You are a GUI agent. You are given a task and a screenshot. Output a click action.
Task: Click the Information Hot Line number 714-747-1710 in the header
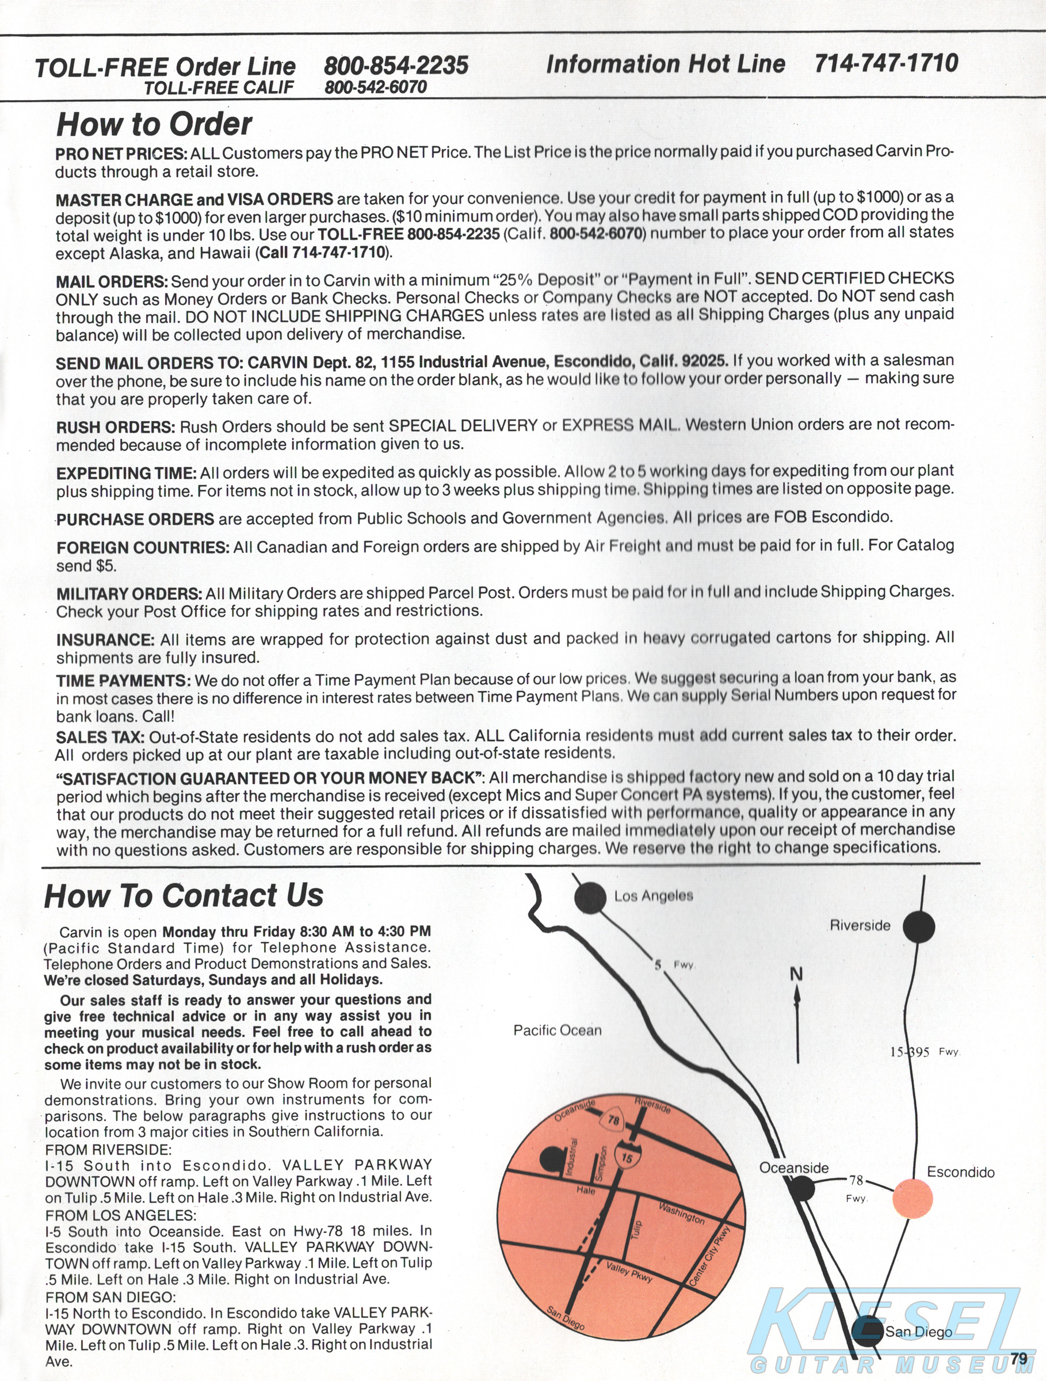click(885, 63)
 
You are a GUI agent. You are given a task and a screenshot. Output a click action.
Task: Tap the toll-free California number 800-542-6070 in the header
click(375, 87)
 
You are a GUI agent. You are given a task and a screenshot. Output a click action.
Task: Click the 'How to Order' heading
click(154, 124)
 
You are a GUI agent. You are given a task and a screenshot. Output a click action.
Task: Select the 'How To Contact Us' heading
click(184, 895)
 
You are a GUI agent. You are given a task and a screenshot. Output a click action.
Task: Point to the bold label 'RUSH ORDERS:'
click(116, 428)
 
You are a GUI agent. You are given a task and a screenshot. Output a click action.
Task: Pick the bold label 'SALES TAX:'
click(100, 737)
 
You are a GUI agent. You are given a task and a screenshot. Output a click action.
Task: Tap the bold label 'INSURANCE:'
click(105, 640)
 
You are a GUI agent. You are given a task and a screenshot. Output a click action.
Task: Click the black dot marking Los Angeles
click(590, 898)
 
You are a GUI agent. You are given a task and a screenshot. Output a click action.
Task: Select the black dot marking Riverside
click(919, 926)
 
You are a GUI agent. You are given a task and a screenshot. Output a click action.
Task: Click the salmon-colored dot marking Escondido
click(913, 1198)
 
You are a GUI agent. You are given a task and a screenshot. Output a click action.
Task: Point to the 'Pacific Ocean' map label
click(558, 1031)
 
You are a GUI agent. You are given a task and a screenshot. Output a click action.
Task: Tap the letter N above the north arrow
click(796, 975)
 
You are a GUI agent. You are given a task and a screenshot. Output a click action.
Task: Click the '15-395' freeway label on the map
click(909, 1052)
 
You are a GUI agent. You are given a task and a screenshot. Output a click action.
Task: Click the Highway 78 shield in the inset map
click(613, 1120)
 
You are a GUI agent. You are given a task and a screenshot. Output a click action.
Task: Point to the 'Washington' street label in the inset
click(682, 1213)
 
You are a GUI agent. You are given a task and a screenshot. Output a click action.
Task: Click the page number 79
click(1018, 1359)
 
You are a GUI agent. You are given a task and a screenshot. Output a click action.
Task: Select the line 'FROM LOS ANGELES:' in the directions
click(120, 1215)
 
